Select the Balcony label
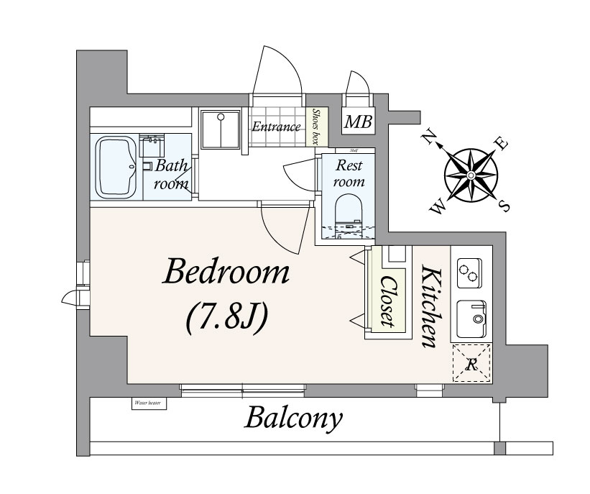click(293, 418)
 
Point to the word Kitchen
click(430, 307)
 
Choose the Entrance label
click(276, 127)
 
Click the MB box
click(357, 122)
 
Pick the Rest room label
click(350, 173)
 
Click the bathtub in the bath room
click(116, 167)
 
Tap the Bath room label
click(172, 174)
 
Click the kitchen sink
click(471, 316)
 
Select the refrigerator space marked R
click(471, 363)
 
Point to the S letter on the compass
click(504, 206)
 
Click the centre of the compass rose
click(470, 175)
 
